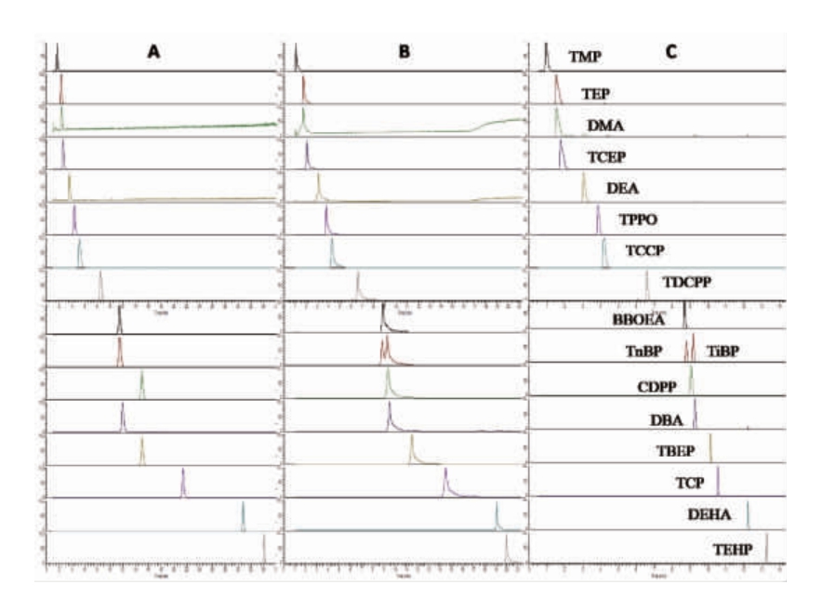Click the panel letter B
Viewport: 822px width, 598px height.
coord(404,53)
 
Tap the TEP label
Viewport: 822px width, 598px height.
coord(595,94)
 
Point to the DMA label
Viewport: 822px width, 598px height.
coord(604,126)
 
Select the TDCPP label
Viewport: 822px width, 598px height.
coord(685,283)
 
